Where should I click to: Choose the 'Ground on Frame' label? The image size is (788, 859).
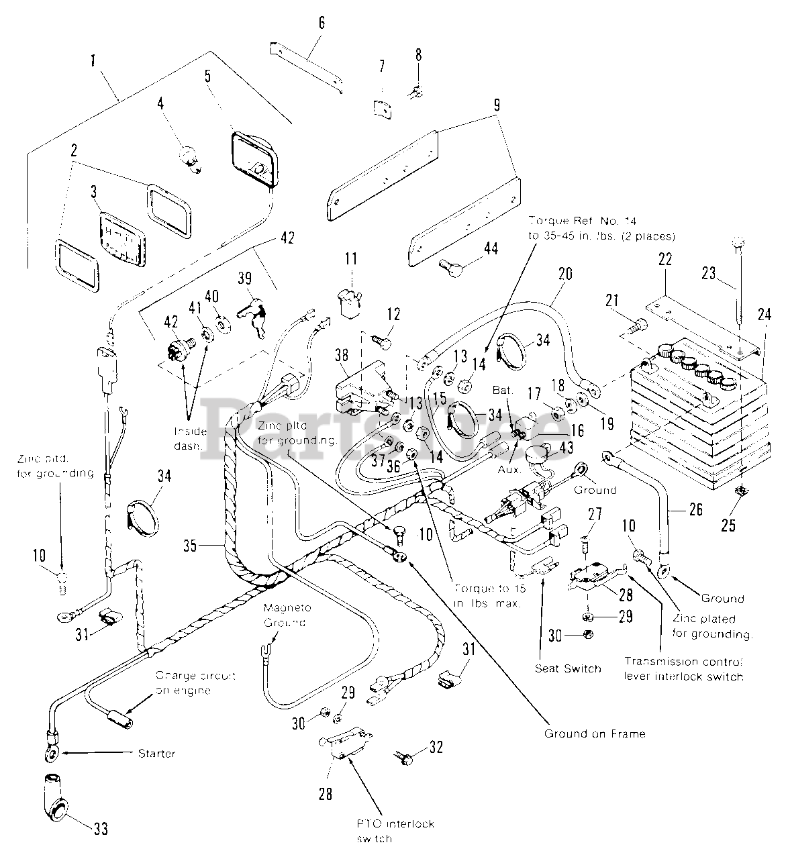point(595,734)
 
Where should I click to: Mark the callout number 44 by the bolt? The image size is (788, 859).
point(492,249)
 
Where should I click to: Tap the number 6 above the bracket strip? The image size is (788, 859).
point(322,23)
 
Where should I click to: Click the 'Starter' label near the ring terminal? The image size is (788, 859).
point(156,753)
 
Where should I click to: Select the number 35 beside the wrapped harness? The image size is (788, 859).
point(191,546)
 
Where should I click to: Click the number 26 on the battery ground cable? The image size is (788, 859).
point(695,510)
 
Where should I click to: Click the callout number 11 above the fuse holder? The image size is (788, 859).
point(352,259)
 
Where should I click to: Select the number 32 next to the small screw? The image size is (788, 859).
point(436,747)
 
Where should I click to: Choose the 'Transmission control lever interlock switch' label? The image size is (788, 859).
point(684,668)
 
